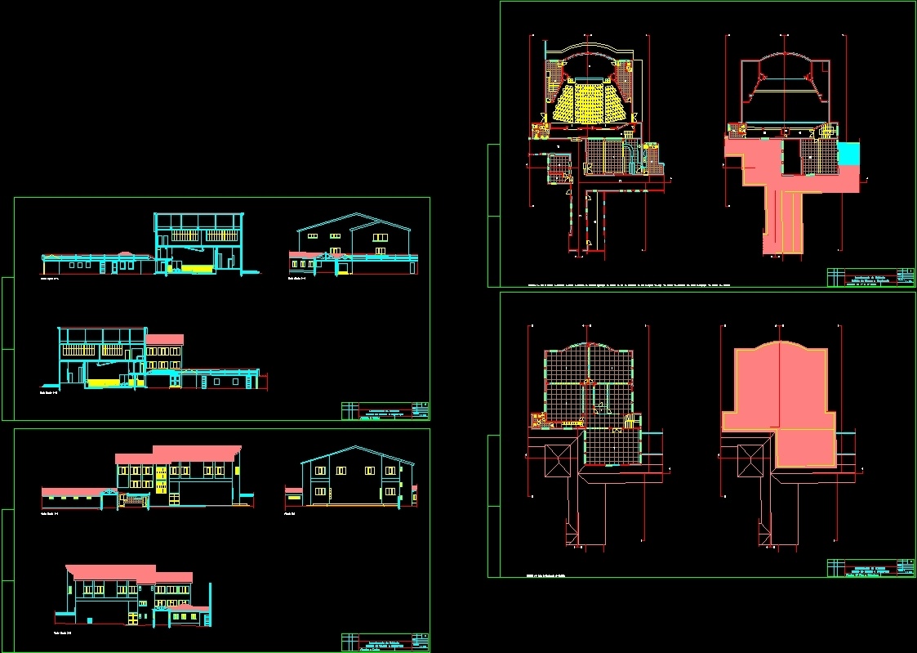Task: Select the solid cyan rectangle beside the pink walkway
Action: (848, 153)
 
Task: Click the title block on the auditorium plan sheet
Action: (870, 277)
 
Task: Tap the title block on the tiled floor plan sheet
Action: (870, 568)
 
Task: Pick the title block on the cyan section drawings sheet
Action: (385, 411)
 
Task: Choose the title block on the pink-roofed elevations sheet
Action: (385, 642)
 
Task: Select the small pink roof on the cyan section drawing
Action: (165, 339)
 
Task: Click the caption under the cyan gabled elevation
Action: (289, 514)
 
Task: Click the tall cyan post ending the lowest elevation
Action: (211, 605)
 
